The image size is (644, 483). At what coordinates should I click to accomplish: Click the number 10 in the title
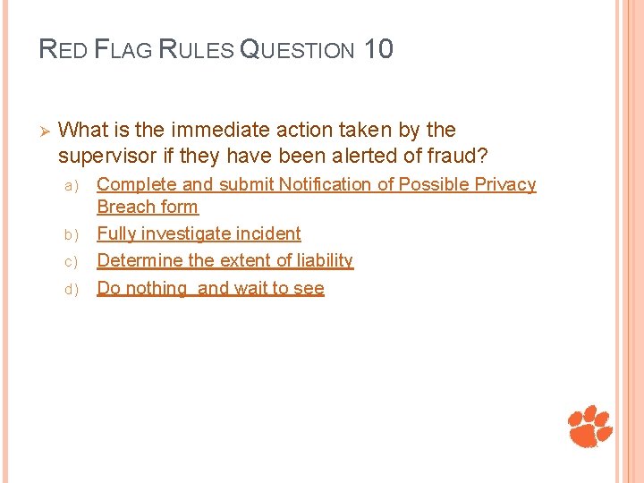[x=378, y=48]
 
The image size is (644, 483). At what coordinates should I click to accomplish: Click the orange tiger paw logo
[x=591, y=426]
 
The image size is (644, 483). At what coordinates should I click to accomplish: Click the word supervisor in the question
[x=107, y=157]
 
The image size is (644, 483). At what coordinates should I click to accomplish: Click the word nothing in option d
[x=156, y=288]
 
